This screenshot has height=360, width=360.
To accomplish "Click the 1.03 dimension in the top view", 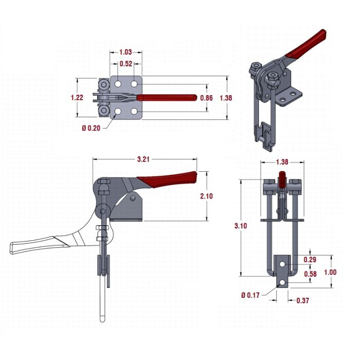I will tap(126, 52).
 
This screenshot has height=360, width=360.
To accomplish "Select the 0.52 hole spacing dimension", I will tap(126, 64).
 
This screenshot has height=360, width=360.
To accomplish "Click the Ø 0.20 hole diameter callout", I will tap(91, 128).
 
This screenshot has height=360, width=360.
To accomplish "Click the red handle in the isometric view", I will tap(308, 44).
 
